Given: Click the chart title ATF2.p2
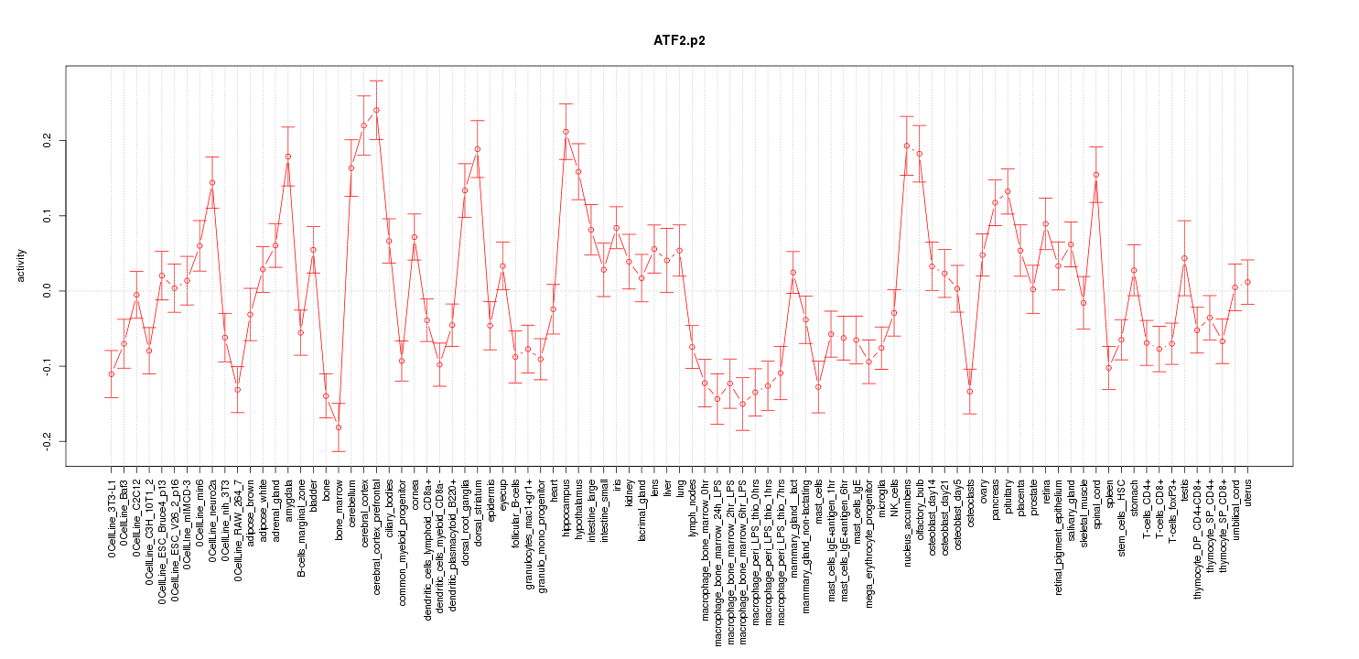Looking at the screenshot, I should point(678,41).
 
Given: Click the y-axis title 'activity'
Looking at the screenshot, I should point(21,265).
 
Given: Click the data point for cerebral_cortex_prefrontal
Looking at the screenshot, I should point(376,110).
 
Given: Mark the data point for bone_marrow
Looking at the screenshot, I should point(339,427).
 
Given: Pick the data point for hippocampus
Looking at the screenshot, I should point(566,132).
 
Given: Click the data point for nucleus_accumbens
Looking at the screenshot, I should point(907,146).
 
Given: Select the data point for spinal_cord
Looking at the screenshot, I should point(1096,175).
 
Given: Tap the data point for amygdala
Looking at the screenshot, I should point(288,157).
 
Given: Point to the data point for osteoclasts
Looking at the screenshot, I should point(970,392).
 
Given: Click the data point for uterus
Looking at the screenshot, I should point(1247,282).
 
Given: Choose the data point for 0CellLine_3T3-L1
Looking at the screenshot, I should point(111,373).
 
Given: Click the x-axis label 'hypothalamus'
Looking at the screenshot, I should point(579,509).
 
